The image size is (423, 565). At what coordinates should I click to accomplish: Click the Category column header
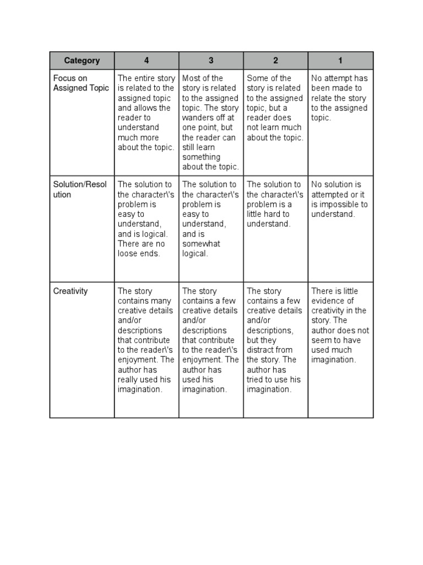pos(82,61)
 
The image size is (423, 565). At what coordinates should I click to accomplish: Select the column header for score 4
pos(147,61)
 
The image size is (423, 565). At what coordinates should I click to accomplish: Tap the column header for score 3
pos(211,61)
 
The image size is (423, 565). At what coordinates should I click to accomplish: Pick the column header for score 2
pos(275,61)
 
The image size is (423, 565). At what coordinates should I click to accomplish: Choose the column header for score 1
pos(340,61)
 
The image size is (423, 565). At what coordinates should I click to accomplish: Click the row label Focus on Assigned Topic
pos(81,83)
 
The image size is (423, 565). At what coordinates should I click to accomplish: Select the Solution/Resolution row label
pos(80,189)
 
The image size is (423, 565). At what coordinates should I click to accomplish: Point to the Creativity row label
pos(70,291)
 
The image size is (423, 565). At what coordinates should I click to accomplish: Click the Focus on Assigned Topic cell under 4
pos(146,113)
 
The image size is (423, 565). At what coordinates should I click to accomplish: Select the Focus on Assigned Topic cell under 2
pos(275,108)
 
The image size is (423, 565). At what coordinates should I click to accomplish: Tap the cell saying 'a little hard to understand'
pos(275,204)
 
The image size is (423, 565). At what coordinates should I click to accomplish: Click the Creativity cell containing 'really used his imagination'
pos(146,340)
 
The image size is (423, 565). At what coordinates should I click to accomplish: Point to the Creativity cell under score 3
pos(210,340)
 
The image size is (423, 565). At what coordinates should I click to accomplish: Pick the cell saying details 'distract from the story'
pos(275,340)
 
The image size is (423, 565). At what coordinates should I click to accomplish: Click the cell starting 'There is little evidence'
pos(340,326)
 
